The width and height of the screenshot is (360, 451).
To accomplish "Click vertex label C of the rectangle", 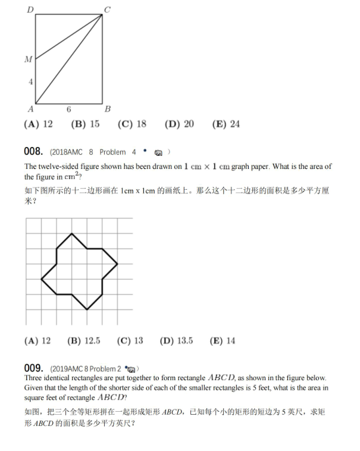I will (x=107, y=8).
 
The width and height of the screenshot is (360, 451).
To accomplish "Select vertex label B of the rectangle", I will (x=107, y=109).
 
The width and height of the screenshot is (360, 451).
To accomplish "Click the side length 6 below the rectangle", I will (x=69, y=109).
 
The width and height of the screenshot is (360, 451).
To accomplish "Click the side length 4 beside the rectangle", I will (x=30, y=82).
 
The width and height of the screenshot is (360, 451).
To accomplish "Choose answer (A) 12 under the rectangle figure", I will (x=38, y=124).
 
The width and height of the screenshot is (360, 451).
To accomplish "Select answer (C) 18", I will (x=132, y=124).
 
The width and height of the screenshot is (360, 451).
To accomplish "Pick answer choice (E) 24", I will (x=226, y=124).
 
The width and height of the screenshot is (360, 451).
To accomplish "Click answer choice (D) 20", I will (x=179, y=124).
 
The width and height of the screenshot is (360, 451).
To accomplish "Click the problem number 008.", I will (x=33, y=151).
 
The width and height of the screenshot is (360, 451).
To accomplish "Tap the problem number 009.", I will (x=33, y=368).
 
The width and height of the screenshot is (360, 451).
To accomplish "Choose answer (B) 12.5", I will (x=84, y=341).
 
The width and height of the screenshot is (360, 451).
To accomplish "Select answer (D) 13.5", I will (x=177, y=341).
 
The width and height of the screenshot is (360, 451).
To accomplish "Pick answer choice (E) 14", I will (x=223, y=341).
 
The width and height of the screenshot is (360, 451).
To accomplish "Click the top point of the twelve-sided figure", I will (x=73, y=233).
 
